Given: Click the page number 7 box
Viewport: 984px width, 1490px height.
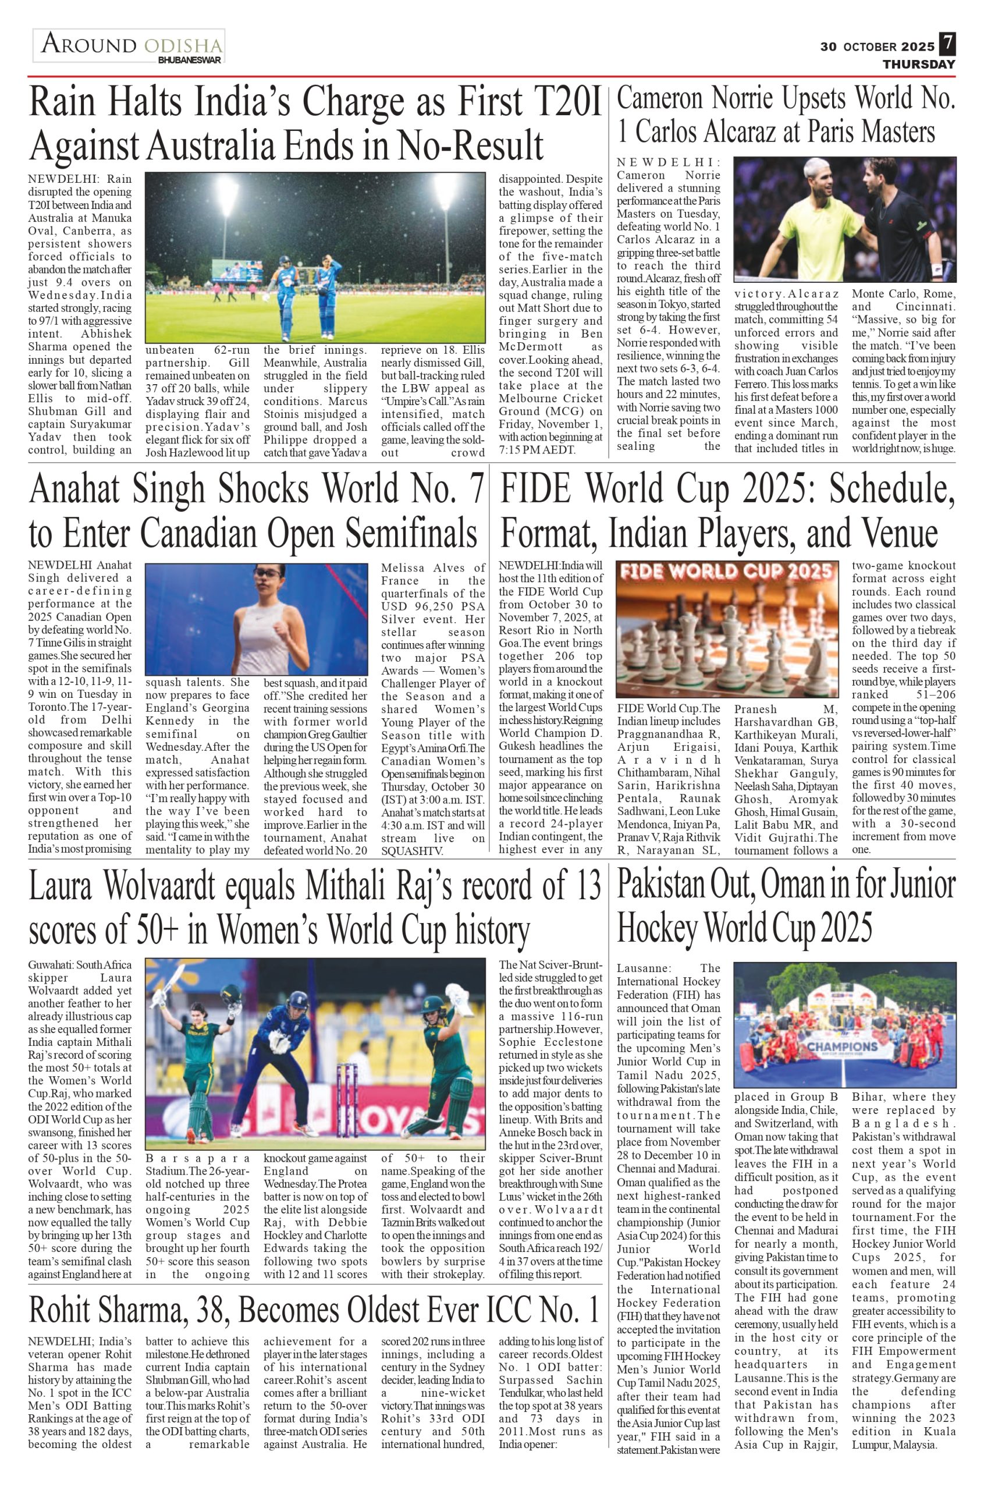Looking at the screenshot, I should tap(947, 45).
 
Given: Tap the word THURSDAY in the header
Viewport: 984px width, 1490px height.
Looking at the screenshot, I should tap(919, 65).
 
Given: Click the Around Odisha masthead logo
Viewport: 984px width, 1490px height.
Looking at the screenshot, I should tap(129, 45).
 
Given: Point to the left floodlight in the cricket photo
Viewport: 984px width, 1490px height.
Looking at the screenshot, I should tap(226, 193).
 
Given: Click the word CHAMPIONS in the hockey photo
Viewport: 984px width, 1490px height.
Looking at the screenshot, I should tap(843, 1046).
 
